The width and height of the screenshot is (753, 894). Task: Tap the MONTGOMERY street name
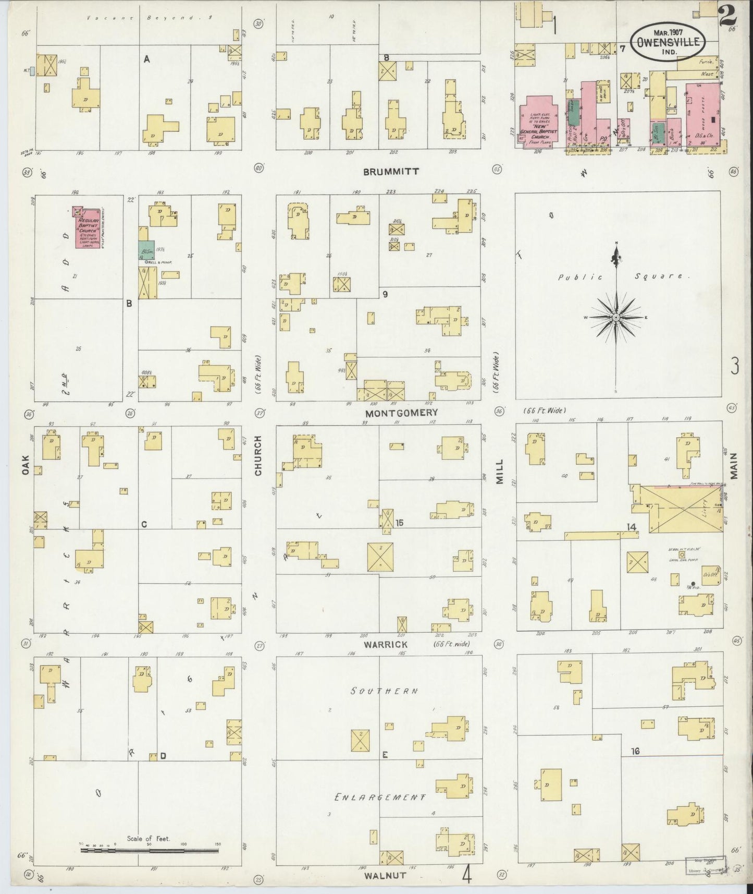tap(401, 413)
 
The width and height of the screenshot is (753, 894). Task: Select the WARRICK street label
tap(386, 644)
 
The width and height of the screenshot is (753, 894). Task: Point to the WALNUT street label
tap(386, 875)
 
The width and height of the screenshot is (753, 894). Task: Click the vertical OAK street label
tap(25, 464)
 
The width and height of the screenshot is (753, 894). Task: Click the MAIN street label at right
tap(735, 465)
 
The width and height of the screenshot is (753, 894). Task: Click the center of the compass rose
tap(616, 317)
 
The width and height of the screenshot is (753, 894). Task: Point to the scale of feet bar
tap(149, 851)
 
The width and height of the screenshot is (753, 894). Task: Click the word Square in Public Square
tap(669, 276)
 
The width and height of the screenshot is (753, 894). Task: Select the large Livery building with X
tap(680, 509)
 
